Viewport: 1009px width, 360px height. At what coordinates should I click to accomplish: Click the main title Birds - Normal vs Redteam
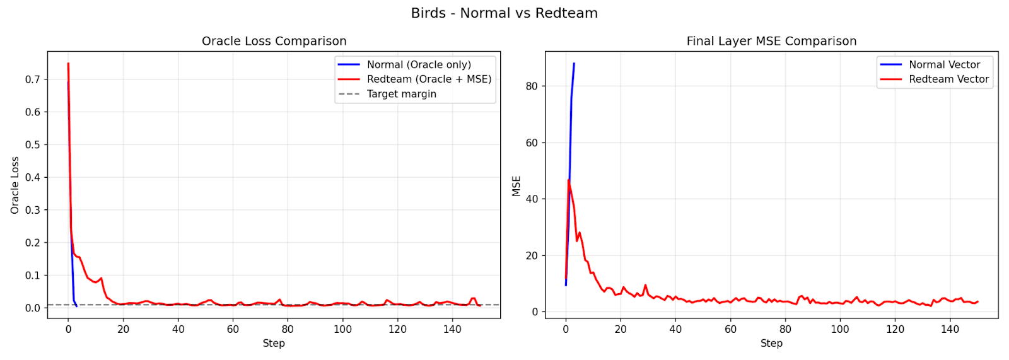pyautogui.click(x=504, y=13)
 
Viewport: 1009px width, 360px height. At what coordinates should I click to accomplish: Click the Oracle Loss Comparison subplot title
pyautogui.click(x=274, y=41)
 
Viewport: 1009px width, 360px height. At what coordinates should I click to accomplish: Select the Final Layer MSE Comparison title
pyautogui.click(x=771, y=41)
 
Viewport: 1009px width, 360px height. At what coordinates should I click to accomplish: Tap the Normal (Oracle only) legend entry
pyautogui.click(x=419, y=64)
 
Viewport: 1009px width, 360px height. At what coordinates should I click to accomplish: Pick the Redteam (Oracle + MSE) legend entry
pyautogui.click(x=429, y=79)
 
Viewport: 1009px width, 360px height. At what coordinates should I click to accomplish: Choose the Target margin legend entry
pyautogui.click(x=401, y=94)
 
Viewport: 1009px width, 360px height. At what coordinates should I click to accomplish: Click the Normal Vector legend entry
pyautogui.click(x=944, y=64)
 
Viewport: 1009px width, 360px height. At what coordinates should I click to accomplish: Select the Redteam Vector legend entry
pyautogui.click(x=948, y=79)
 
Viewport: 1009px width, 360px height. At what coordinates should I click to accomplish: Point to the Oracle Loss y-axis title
pyautogui.click(x=15, y=185)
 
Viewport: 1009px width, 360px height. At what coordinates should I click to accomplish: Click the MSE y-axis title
pyautogui.click(x=516, y=186)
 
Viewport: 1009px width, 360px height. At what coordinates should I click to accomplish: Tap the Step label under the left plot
pyautogui.click(x=274, y=343)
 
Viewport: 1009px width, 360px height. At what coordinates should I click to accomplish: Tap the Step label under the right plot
pyautogui.click(x=771, y=343)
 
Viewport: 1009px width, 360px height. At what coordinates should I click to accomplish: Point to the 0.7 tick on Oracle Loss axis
pyautogui.click(x=32, y=79)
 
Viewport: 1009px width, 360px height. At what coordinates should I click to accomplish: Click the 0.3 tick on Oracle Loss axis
pyautogui.click(x=32, y=210)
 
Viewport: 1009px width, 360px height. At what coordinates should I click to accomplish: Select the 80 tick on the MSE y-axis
pyautogui.click(x=531, y=86)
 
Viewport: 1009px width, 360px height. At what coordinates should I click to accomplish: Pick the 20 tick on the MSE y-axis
pyautogui.click(x=531, y=255)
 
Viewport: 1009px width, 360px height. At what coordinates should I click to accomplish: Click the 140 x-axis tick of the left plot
pyautogui.click(x=452, y=329)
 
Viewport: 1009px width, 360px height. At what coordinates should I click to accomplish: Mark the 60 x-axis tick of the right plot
pyautogui.click(x=730, y=329)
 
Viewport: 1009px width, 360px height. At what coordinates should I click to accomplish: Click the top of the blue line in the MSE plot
pyautogui.click(x=574, y=64)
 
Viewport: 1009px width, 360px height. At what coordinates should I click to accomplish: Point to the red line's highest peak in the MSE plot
pyautogui.click(x=568, y=180)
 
